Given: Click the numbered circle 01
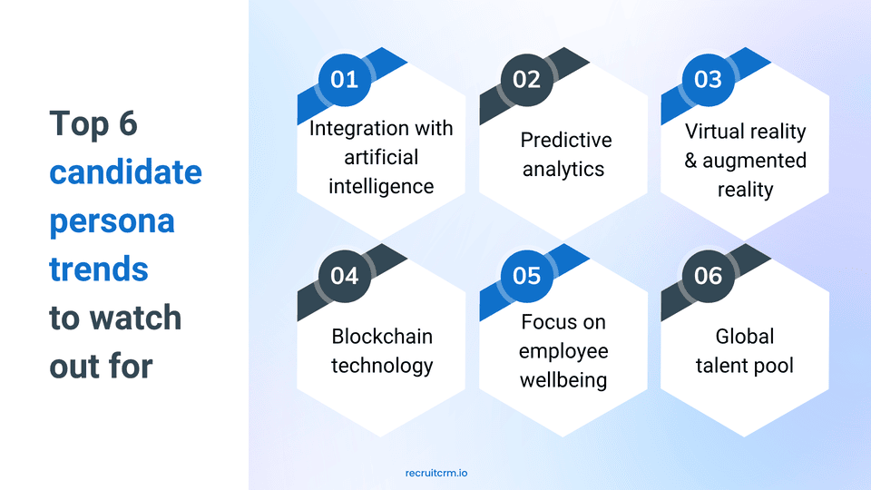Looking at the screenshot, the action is click(345, 80).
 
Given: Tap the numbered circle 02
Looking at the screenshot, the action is click(526, 80).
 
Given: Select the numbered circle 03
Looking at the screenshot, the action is click(709, 80).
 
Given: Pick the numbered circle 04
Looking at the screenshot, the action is click(345, 276).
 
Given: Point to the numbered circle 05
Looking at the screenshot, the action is click(526, 276).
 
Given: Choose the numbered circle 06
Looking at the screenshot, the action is click(709, 276).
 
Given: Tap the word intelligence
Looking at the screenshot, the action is click(381, 187).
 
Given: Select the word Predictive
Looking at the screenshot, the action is click(566, 140).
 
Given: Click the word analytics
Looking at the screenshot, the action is click(563, 170).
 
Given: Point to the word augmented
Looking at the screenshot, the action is click(754, 162).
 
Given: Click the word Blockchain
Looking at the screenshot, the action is click(382, 337).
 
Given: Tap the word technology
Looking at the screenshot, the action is click(382, 366).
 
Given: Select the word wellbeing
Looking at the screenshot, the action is click(563, 380).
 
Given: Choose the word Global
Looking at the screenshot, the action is click(744, 337).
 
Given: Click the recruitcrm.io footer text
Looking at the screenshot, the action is click(436, 474).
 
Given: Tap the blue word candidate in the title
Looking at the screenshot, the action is click(125, 172).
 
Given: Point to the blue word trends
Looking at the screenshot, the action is click(99, 270).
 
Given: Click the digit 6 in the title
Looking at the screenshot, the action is click(128, 123).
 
